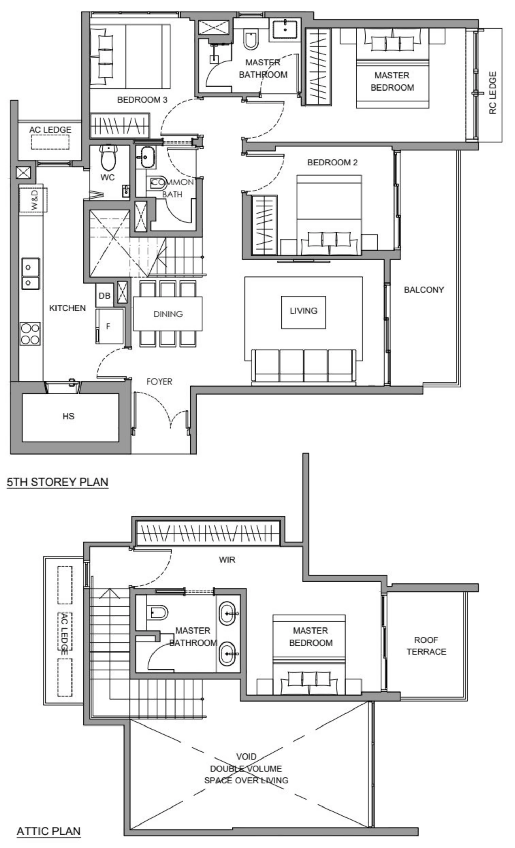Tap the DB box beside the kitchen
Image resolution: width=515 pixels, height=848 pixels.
(104, 296)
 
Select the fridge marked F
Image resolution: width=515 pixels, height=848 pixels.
(109, 326)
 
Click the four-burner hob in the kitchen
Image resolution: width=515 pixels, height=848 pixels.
(30, 333)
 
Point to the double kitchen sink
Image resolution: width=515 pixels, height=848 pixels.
(30, 274)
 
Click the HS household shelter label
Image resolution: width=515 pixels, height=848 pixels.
(68, 416)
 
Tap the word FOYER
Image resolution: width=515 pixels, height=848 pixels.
(159, 381)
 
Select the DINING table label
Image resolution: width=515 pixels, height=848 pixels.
(168, 314)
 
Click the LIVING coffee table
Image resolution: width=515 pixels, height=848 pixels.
(303, 311)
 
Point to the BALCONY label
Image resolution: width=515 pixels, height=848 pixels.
(423, 290)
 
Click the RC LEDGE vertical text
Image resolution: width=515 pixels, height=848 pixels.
(493, 93)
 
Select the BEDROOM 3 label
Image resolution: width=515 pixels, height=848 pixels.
(142, 100)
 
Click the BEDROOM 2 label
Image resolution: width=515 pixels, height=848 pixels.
(332, 162)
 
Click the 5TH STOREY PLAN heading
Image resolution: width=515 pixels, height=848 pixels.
(58, 482)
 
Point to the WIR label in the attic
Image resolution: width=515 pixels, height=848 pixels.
(227, 560)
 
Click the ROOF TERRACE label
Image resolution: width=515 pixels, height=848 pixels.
(426, 646)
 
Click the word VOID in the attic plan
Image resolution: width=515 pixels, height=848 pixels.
(246, 757)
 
